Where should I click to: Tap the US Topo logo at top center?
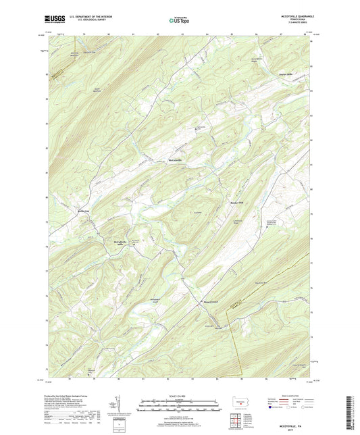pyautogui.click(x=179, y=21)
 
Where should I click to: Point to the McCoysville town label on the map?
pyautogui.click(x=177, y=160)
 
